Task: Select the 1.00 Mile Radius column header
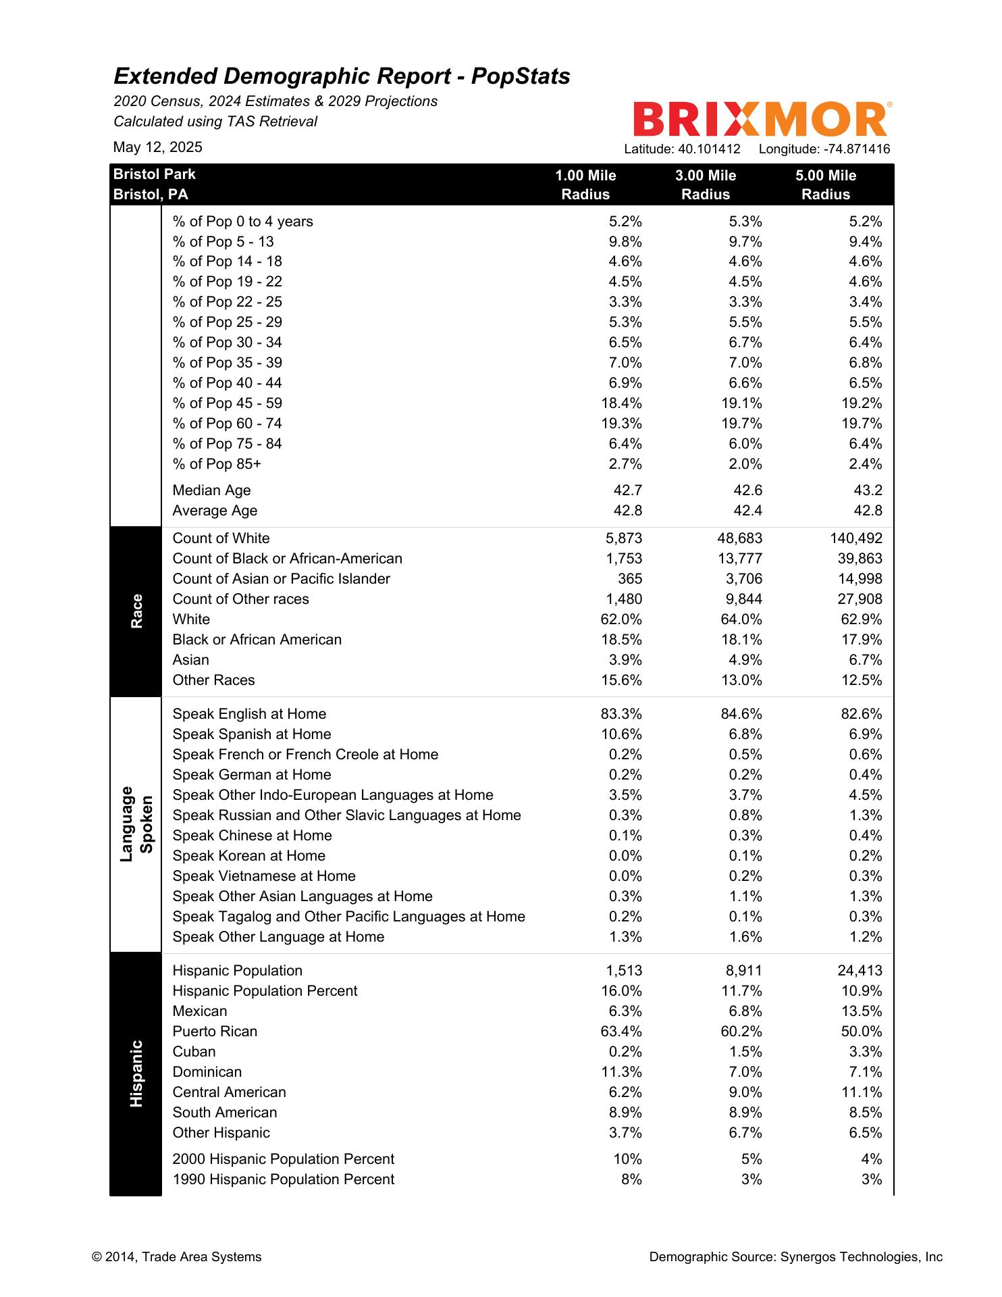point(585,184)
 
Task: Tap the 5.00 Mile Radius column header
point(825,184)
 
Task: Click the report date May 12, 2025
point(157,147)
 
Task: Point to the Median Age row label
point(211,490)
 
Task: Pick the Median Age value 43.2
point(868,490)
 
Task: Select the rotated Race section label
point(136,611)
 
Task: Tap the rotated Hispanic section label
point(136,1073)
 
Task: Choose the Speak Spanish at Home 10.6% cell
point(621,734)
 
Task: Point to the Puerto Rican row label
point(215,1032)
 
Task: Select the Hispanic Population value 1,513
point(624,971)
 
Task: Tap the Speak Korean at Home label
point(248,856)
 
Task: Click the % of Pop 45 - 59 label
point(227,403)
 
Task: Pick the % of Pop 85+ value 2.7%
point(625,464)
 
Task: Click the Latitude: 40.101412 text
point(682,149)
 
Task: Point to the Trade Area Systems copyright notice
point(176,1257)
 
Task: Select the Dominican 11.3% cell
point(621,1072)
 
